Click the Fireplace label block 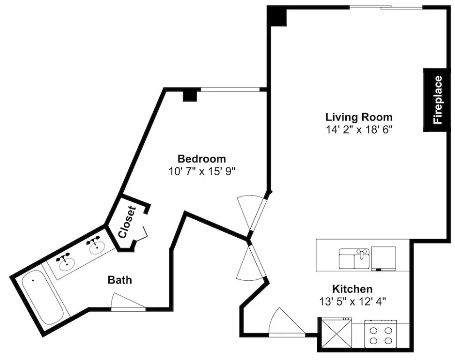coord(435,100)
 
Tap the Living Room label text coord(359,117)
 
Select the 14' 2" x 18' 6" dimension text coord(359,129)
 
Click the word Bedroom coord(201,159)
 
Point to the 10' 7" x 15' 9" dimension coord(201,171)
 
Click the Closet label coord(127,222)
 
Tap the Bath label coord(119,280)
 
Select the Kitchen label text coord(352,289)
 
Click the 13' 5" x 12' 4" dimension coord(352,302)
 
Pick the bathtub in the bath coord(43,296)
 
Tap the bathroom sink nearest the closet coord(96,246)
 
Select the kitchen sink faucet coord(361,253)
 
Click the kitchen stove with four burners coord(380,334)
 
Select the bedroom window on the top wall coord(230,90)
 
